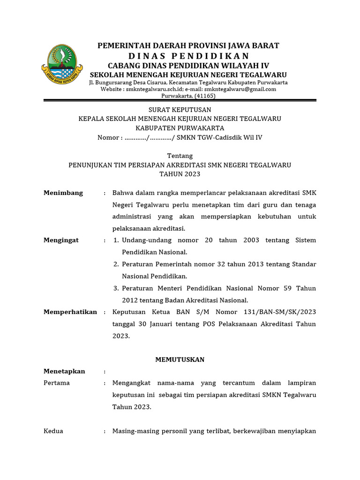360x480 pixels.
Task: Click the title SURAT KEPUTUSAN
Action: pos(180,109)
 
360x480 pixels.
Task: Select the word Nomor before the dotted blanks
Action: pos(107,137)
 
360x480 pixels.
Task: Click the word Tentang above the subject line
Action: pos(180,156)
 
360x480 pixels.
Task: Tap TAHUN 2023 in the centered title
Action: pos(180,174)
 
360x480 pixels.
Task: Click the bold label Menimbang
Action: pos(63,193)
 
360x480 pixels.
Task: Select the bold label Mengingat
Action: pos(61,240)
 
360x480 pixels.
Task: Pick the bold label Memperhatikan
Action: pos(70,312)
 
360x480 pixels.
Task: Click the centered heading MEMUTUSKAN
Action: pos(180,360)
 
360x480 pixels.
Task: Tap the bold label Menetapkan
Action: pos(64,371)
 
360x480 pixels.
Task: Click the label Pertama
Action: pos(56,383)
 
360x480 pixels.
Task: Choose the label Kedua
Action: pos(53,431)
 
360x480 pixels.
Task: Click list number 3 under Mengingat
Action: pos(116,288)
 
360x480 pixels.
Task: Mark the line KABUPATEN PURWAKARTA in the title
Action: pos(180,128)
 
